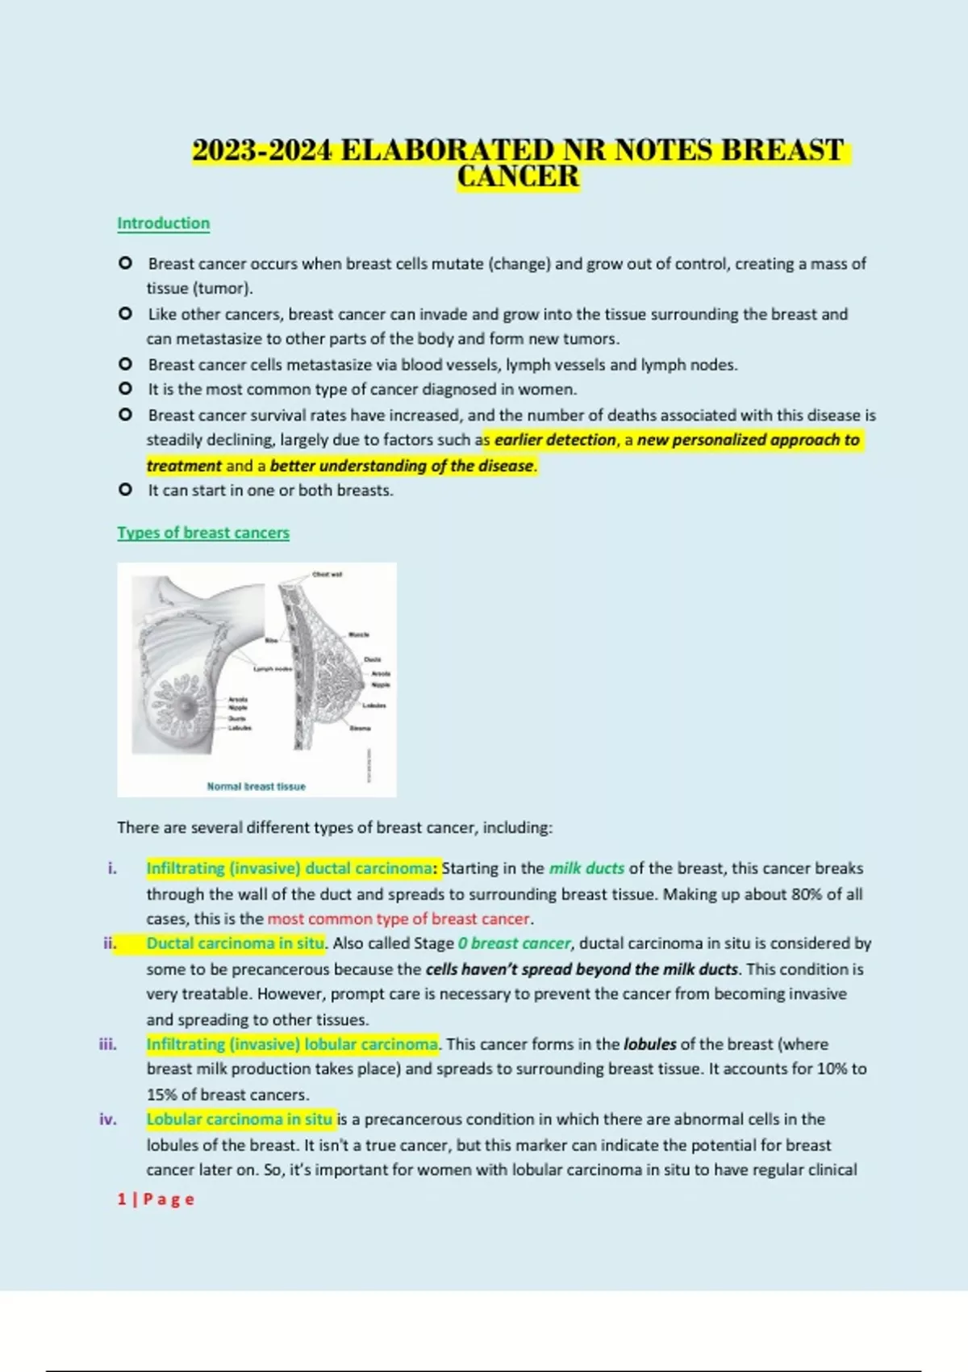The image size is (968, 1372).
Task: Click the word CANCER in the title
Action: [518, 177]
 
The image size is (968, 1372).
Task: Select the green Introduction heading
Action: [163, 223]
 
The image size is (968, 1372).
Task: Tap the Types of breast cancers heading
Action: [202, 533]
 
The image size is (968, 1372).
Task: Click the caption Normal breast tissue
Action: [256, 786]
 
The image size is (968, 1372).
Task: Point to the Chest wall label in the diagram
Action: [327, 575]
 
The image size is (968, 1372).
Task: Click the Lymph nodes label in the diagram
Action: [273, 669]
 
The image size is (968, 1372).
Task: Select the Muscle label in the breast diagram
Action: [359, 634]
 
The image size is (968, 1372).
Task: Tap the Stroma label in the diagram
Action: [360, 728]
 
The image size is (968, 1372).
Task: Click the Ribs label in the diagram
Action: [272, 640]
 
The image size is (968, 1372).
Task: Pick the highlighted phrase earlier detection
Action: [555, 440]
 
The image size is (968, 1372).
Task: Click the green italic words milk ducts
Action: [586, 868]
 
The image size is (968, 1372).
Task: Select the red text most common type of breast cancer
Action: [398, 918]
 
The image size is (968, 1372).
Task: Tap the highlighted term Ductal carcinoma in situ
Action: [235, 943]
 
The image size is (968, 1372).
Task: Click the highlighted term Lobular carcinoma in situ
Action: [239, 1119]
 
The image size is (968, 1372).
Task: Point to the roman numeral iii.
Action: [108, 1044]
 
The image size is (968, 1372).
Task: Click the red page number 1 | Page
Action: [156, 1199]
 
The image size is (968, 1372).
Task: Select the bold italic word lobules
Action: [649, 1044]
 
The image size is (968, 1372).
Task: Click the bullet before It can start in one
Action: [125, 489]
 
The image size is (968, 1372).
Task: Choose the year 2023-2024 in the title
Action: [261, 151]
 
